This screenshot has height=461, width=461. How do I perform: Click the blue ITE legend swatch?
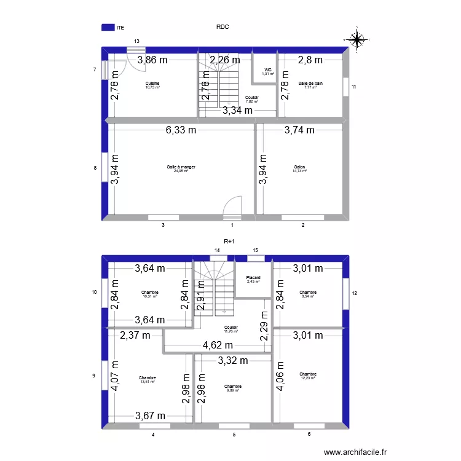pos(108,27)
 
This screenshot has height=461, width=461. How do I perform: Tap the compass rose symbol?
pos(356,39)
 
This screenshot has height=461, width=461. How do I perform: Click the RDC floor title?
pos(223,27)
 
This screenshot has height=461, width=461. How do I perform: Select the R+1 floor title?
pos(229,242)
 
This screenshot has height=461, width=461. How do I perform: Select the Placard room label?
pos(253,279)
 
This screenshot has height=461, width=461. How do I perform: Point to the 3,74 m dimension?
pos(299,130)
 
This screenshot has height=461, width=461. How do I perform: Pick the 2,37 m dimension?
pos(135,336)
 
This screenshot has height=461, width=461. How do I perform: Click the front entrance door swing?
pos(232,207)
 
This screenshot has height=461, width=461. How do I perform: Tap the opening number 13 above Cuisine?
pos(136,41)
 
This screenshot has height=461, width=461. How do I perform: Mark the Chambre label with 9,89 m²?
pos(232,387)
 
